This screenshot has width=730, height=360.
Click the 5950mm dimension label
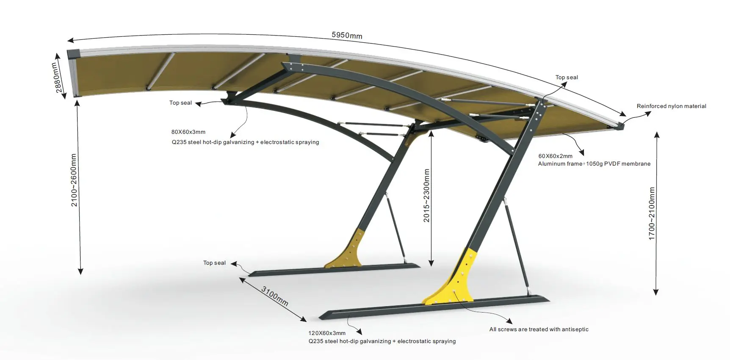pyautogui.click(x=347, y=35)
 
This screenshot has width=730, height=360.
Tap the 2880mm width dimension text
pyautogui.click(x=58, y=78)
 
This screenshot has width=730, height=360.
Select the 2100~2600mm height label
pyautogui.click(x=74, y=180)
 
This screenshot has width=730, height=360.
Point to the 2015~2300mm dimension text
pyautogui.click(x=426, y=196)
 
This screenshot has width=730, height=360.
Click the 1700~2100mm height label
pyautogui.click(x=652, y=213)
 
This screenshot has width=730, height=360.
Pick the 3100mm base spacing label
pyautogui.click(x=275, y=296)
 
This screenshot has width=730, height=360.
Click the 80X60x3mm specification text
pyautogui.click(x=188, y=132)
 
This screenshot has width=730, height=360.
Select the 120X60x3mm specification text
pyautogui.click(x=327, y=333)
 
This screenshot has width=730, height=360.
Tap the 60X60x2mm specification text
pyautogui.click(x=555, y=156)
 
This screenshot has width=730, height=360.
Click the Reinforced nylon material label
pyautogui.click(x=671, y=106)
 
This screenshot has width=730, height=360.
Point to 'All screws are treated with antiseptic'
pyautogui.click(x=539, y=330)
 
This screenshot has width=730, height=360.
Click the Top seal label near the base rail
pyautogui.click(x=214, y=263)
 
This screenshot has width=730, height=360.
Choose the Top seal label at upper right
pyautogui.click(x=567, y=78)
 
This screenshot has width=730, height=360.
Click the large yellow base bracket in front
pyautogui.click(x=455, y=282)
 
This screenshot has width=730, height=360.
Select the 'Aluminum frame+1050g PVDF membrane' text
pyautogui.click(x=594, y=164)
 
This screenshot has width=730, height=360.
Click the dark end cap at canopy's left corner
pyautogui.click(x=74, y=54)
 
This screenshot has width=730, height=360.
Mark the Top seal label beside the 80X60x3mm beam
pyautogui.click(x=180, y=103)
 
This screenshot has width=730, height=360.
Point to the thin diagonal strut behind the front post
pyautogui.click(x=517, y=246)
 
